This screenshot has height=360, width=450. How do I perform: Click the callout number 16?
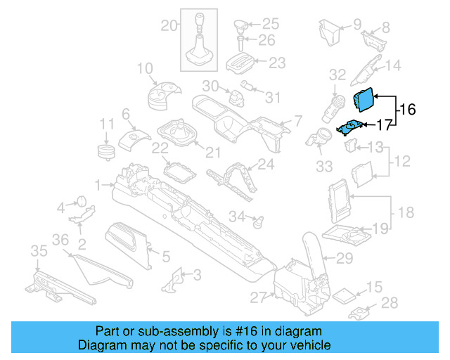[408, 110]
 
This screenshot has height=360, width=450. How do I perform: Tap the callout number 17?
[383, 126]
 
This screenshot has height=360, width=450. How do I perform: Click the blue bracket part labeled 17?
[350, 127]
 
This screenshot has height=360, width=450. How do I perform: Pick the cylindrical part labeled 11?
[106, 151]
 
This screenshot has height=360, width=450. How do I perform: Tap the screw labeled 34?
[257, 221]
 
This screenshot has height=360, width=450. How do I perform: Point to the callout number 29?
[344, 259]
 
